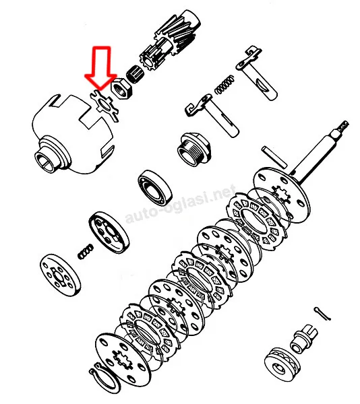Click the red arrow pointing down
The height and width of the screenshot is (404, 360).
coord(101,67)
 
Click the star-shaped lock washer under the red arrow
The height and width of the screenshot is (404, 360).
coord(104,105)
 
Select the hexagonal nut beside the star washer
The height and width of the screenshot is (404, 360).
coord(121,89)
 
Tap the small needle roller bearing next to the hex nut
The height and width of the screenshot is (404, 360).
coord(136,73)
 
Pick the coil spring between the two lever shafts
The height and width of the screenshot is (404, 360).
coord(224,84)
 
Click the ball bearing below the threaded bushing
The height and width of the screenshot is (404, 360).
coord(155,188)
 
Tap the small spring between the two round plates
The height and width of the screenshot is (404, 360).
coord(86,252)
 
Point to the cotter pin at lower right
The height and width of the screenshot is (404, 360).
coord(322,314)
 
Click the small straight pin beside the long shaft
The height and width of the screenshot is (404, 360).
coord(274,157)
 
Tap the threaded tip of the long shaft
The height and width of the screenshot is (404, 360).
coord(343,127)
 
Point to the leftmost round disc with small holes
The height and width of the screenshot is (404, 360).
coord(61,275)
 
